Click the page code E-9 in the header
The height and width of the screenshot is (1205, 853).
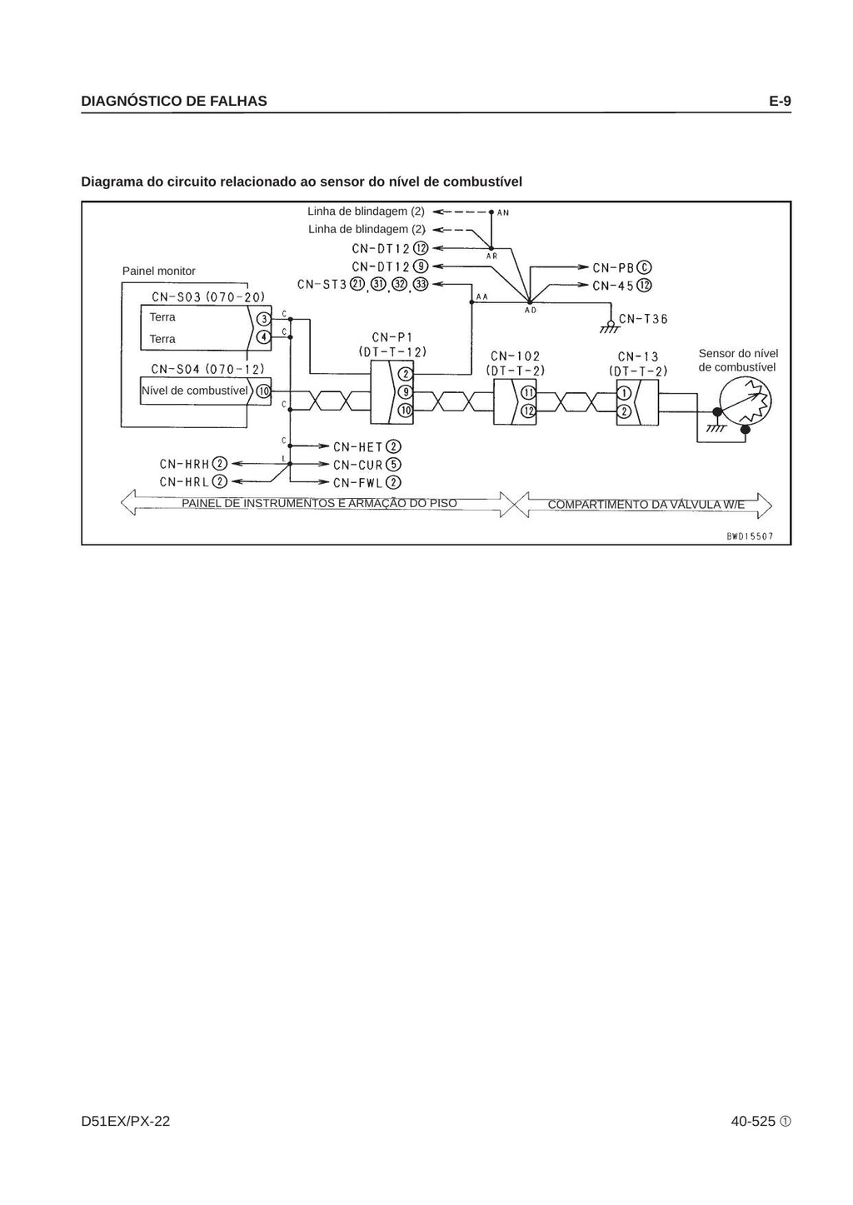[780, 101]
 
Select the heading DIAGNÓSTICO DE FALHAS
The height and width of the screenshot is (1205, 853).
[174, 101]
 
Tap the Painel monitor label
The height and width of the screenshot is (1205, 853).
[159, 271]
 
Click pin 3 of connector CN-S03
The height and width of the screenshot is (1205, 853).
[264, 319]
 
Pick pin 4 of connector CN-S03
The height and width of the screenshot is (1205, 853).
[264, 337]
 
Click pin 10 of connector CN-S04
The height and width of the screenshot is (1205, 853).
[263, 391]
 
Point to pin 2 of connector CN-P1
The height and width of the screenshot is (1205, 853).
[405, 375]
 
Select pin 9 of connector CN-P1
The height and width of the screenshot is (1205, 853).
[405, 392]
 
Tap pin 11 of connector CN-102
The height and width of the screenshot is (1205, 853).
[529, 393]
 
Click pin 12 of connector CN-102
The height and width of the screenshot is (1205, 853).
[529, 411]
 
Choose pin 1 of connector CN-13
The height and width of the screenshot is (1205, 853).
[624, 393]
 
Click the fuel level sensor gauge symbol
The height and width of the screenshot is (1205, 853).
[746, 401]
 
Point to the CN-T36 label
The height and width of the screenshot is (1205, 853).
[643, 319]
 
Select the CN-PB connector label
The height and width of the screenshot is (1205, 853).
[622, 267]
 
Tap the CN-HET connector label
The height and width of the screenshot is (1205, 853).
[367, 447]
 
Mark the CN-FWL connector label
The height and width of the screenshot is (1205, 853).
[367, 482]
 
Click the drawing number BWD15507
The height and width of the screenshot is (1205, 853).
[750, 536]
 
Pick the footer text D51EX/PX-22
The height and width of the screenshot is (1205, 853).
[126, 1121]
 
